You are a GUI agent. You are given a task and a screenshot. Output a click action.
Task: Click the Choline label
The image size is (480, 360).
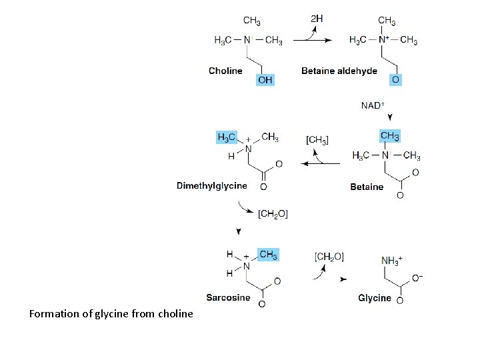click(x=225, y=71)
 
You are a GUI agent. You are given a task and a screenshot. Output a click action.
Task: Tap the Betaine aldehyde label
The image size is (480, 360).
click(x=339, y=71)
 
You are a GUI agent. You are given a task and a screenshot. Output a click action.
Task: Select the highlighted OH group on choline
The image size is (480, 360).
click(x=265, y=80)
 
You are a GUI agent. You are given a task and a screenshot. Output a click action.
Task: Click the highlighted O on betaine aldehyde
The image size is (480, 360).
click(x=395, y=79)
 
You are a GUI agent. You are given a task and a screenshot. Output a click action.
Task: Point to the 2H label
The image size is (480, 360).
click(x=317, y=19)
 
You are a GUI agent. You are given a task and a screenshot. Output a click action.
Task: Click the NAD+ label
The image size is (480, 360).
click(x=373, y=105)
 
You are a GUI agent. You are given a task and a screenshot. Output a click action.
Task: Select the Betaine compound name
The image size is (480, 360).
click(x=367, y=187)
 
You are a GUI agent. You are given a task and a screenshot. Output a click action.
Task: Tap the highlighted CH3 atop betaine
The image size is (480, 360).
click(x=389, y=137)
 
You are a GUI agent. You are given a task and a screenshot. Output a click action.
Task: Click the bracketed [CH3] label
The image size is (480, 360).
click(x=317, y=140)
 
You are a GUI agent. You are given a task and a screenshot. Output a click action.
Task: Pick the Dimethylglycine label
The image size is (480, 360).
click(x=211, y=186)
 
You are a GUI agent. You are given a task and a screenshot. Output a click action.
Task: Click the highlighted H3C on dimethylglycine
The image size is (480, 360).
click(x=227, y=137)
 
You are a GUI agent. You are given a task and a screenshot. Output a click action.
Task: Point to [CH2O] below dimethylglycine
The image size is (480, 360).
click(x=273, y=213)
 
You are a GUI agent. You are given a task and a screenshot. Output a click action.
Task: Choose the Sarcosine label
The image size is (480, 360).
click(x=228, y=297)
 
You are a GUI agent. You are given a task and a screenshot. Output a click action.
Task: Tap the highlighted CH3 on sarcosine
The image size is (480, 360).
click(x=268, y=255)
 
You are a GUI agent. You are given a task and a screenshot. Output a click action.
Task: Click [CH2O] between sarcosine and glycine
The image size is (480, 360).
click(x=329, y=257)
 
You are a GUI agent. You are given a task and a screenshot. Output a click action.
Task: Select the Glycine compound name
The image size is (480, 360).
click(x=375, y=298)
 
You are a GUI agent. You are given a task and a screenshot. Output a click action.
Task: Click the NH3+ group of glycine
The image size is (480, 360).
click(x=392, y=260)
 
